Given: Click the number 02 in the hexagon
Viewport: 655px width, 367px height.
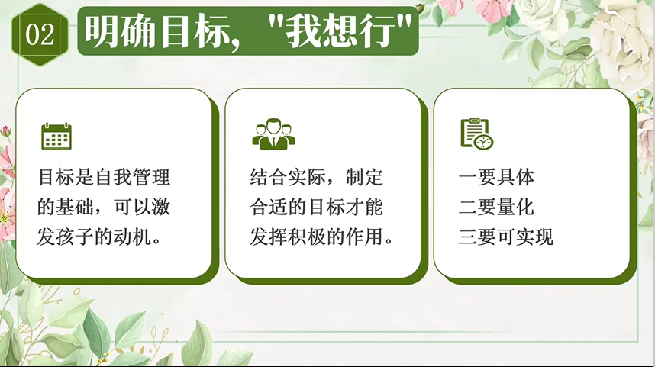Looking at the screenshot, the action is click(40, 34).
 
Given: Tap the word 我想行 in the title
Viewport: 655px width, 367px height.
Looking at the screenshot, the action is click(341, 31).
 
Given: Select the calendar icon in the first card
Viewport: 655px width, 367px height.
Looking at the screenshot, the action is click(56, 136).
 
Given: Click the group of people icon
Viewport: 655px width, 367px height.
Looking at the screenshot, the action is click(273, 134).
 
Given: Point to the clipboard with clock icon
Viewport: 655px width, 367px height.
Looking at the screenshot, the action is click(477, 134).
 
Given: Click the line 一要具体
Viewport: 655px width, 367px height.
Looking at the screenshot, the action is click(497, 178).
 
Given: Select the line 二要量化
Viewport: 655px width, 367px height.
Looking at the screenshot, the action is click(497, 207).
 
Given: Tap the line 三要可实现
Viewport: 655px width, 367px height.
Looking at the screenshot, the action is click(506, 237).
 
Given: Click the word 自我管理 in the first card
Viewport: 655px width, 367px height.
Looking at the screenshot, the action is click(133, 177).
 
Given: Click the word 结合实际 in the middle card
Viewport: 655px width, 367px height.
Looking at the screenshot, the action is click(288, 177).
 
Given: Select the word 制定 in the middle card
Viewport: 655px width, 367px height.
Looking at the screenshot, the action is click(364, 177).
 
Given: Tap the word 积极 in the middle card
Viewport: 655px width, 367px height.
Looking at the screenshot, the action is click(307, 237).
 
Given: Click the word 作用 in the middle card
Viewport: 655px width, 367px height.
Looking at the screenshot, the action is click(364, 237).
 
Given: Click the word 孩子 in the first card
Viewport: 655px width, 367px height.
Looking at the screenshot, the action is click(75, 237).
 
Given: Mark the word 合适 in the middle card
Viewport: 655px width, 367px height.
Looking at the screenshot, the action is click(269, 207).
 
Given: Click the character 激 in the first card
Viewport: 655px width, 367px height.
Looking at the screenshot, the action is click(161, 207).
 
